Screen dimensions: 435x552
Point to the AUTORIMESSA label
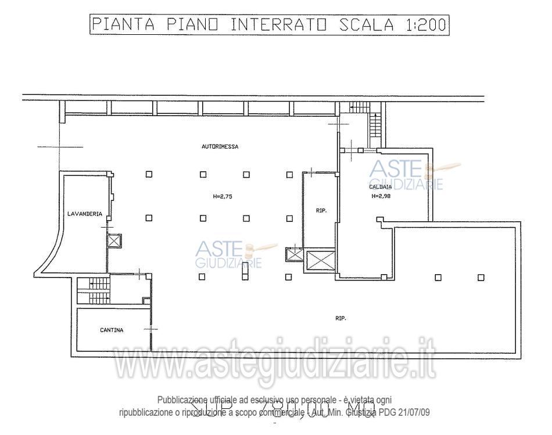tap(220, 147)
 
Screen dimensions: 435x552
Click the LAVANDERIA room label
tap(85, 214)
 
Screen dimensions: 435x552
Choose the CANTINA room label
tap(112, 330)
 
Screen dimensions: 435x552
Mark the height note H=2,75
tap(223, 196)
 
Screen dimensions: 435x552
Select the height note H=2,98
tap(381, 196)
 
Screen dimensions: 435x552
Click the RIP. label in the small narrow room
tap(321, 211)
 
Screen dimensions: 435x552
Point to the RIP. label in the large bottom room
tap(340, 318)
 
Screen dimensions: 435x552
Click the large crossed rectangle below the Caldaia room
tap(321, 261)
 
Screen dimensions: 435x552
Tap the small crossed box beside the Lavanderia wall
tap(114, 241)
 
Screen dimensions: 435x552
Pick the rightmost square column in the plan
tap(481, 277)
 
